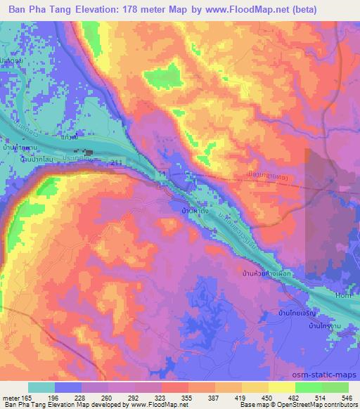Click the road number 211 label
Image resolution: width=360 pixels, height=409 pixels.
tap(115, 162)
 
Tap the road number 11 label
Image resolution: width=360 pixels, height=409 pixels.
tap(162, 172)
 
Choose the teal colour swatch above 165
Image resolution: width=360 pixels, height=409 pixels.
tap(41, 387)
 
